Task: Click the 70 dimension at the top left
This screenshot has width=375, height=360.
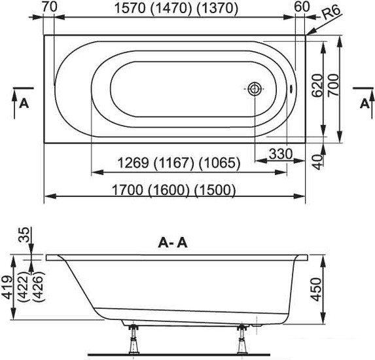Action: [50, 7]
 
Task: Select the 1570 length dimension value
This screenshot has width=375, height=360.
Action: [130, 9]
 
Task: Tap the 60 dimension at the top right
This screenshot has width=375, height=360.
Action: [302, 7]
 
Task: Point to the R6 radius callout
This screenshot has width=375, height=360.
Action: [331, 13]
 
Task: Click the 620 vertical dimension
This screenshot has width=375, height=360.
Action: [317, 86]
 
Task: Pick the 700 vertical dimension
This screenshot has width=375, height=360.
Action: [333, 86]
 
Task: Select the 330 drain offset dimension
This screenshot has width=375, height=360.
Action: [281, 154]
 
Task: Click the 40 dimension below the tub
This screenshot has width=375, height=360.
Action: [318, 162]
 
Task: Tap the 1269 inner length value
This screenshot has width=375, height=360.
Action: [134, 163]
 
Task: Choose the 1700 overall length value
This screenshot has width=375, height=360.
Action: [128, 190]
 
